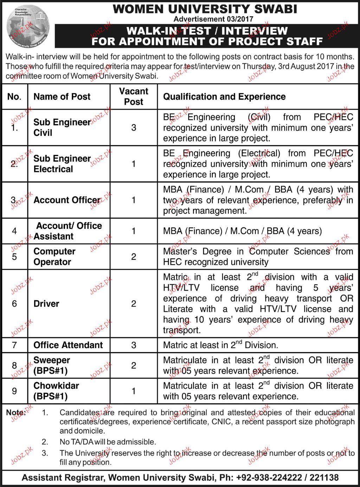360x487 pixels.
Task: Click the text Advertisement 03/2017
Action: click(213, 19)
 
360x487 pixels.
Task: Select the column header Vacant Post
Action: click(134, 97)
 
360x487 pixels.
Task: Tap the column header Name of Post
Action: click(62, 97)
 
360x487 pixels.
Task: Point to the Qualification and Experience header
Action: click(224, 97)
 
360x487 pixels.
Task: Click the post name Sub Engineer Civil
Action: click(62, 128)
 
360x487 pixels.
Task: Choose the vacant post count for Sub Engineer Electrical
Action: click(134, 164)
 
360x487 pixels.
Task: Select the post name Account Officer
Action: click(67, 200)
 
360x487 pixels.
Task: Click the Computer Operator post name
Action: click(54, 257)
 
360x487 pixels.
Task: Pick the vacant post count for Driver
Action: click(134, 304)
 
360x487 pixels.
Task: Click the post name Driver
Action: click(46, 304)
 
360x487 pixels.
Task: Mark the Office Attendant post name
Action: click(68, 345)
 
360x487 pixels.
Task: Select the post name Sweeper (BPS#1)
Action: click(52, 365)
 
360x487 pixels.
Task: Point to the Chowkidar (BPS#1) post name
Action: click(56, 391)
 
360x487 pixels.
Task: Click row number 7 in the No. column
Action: click(14, 345)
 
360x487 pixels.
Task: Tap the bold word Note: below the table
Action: click(16, 413)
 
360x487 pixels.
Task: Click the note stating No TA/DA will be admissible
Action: click(108, 442)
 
